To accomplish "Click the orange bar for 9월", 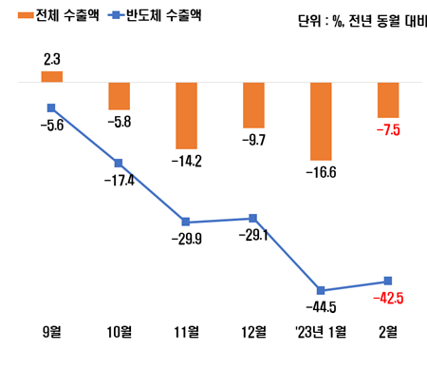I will tap(51, 76).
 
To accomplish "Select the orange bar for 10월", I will tap(119, 96).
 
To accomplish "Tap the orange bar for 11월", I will tap(186, 115).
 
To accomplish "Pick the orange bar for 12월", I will tap(253, 105).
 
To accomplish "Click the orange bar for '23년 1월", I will tap(322, 121).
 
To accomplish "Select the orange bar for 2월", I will tap(389, 100).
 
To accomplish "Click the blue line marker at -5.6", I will tap(51, 107).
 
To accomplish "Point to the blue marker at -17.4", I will tap(119, 163).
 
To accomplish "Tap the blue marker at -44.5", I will tap(322, 290).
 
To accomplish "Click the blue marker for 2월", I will tap(389, 281).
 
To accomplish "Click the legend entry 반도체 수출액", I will tap(156, 16).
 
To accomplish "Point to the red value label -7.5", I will tap(389, 130).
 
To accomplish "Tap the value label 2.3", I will tap(52, 59).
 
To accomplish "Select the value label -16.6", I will tap(322, 172).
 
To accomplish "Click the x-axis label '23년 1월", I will tap(322, 332).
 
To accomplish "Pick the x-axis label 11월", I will tap(186, 332).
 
